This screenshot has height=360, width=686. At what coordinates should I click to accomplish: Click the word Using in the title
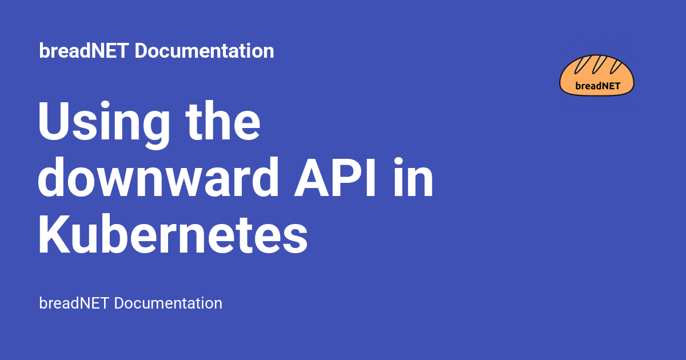click(x=104, y=125)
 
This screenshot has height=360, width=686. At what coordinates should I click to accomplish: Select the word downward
click(x=158, y=177)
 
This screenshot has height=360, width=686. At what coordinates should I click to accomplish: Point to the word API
click(x=334, y=177)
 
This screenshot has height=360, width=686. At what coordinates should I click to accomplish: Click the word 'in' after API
click(x=413, y=177)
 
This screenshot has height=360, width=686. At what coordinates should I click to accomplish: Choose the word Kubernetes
click(x=173, y=234)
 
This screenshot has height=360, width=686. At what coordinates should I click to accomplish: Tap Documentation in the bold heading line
click(x=204, y=50)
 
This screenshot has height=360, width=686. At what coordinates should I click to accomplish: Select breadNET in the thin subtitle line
click(x=74, y=303)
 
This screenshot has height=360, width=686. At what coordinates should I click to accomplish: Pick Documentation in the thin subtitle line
click(x=168, y=303)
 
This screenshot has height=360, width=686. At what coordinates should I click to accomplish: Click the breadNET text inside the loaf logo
click(x=598, y=86)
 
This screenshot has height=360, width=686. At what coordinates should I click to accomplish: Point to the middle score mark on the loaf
click(x=599, y=65)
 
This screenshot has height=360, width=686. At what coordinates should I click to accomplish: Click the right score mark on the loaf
click(x=616, y=67)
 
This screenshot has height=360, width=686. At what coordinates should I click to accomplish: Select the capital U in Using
click(x=54, y=121)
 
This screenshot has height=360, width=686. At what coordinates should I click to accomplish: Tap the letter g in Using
click(x=155, y=130)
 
